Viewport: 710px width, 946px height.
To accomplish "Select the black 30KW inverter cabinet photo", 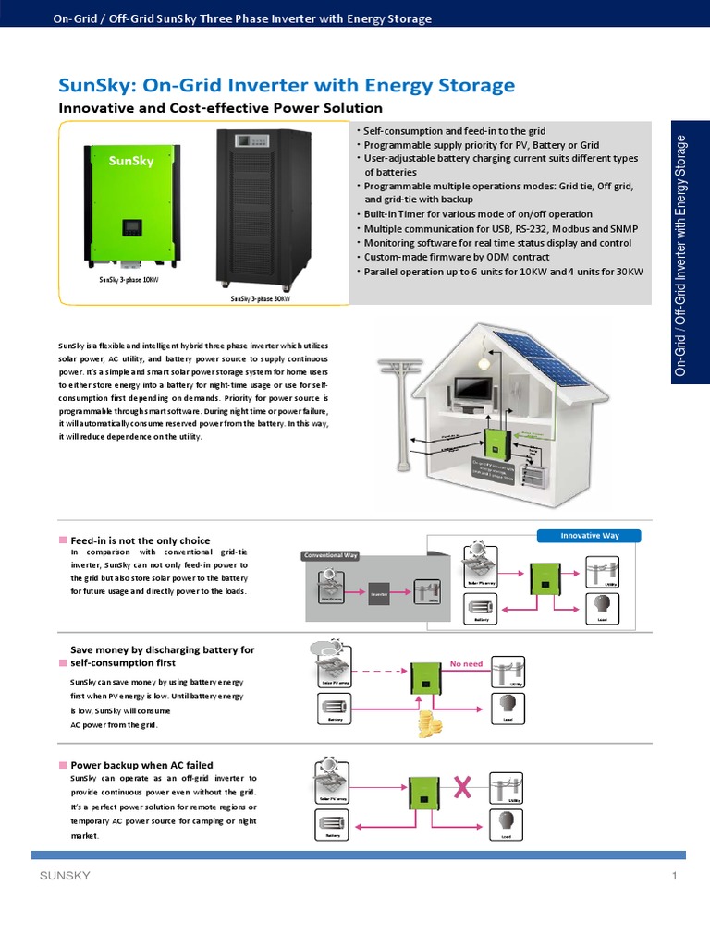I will [x=263, y=206].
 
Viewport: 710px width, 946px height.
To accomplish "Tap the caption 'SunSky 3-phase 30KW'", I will [x=261, y=299].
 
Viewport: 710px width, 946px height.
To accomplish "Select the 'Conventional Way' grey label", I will [x=330, y=555].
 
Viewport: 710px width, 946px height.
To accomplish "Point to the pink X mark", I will [x=463, y=788].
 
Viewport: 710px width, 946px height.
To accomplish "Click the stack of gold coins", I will [x=429, y=723].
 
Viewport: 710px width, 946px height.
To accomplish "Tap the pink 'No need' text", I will [x=467, y=663].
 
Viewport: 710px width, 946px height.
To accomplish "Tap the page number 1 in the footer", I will [x=675, y=876].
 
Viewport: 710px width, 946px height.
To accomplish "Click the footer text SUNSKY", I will [x=65, y=876].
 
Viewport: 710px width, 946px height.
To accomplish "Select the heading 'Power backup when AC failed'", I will [x=141, y=765].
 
